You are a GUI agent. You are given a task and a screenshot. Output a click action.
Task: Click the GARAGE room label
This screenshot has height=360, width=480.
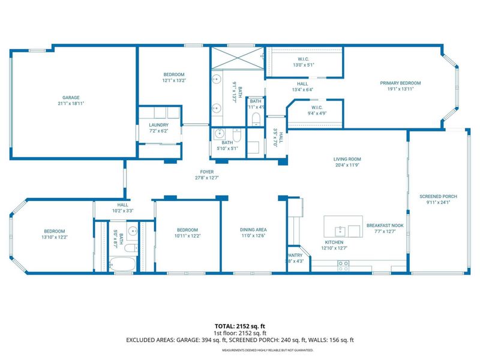click(72, 97)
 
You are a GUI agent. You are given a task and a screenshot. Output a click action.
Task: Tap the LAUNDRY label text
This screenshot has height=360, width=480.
click(159, 125)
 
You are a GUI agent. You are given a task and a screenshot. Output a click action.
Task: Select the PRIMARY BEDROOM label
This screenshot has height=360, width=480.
click(400, 83)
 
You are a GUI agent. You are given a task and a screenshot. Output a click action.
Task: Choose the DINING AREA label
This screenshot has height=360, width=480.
click(253, 230)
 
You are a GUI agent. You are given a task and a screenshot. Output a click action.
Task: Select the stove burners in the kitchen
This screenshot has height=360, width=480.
click(344, 263)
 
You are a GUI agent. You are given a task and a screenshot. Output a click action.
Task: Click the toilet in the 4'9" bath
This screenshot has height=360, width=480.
click(255, 118)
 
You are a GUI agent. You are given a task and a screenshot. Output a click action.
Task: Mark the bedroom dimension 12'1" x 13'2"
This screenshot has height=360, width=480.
click(175, 80)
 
